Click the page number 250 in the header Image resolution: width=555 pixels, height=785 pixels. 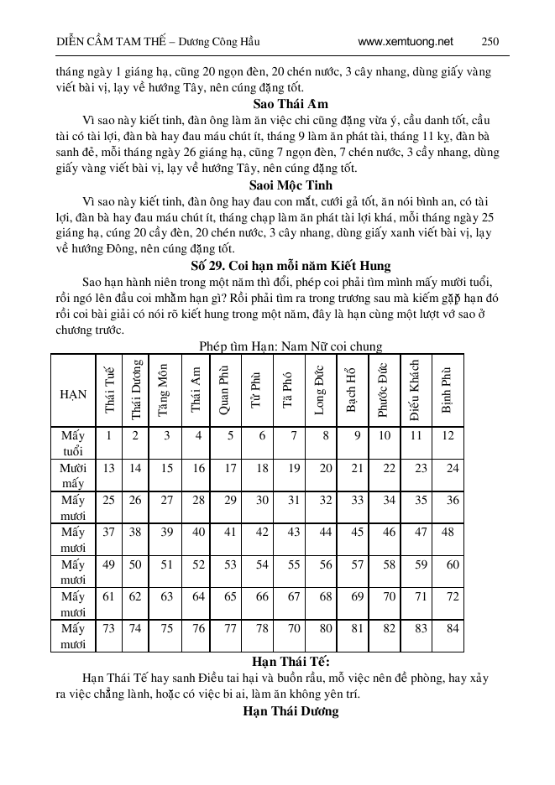(x=490, y=41)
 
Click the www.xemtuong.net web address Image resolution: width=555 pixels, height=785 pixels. (x=405, y=41)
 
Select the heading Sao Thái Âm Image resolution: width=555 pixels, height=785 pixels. (x=277, y=104)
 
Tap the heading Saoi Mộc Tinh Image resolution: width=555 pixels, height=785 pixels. (x=277, y=185)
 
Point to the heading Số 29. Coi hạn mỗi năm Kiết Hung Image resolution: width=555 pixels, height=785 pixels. (x=277, y=266)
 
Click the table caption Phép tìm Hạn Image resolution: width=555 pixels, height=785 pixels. (x=291, y=346)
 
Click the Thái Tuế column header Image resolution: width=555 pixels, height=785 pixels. (x=109, y=391)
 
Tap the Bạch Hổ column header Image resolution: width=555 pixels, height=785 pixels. (x=353, y=391)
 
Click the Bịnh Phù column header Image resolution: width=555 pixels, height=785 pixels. (x=447, y=391)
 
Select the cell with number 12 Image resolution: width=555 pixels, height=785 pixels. (x=448, y=435)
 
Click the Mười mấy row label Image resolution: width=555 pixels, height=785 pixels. (x=73, y=476)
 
